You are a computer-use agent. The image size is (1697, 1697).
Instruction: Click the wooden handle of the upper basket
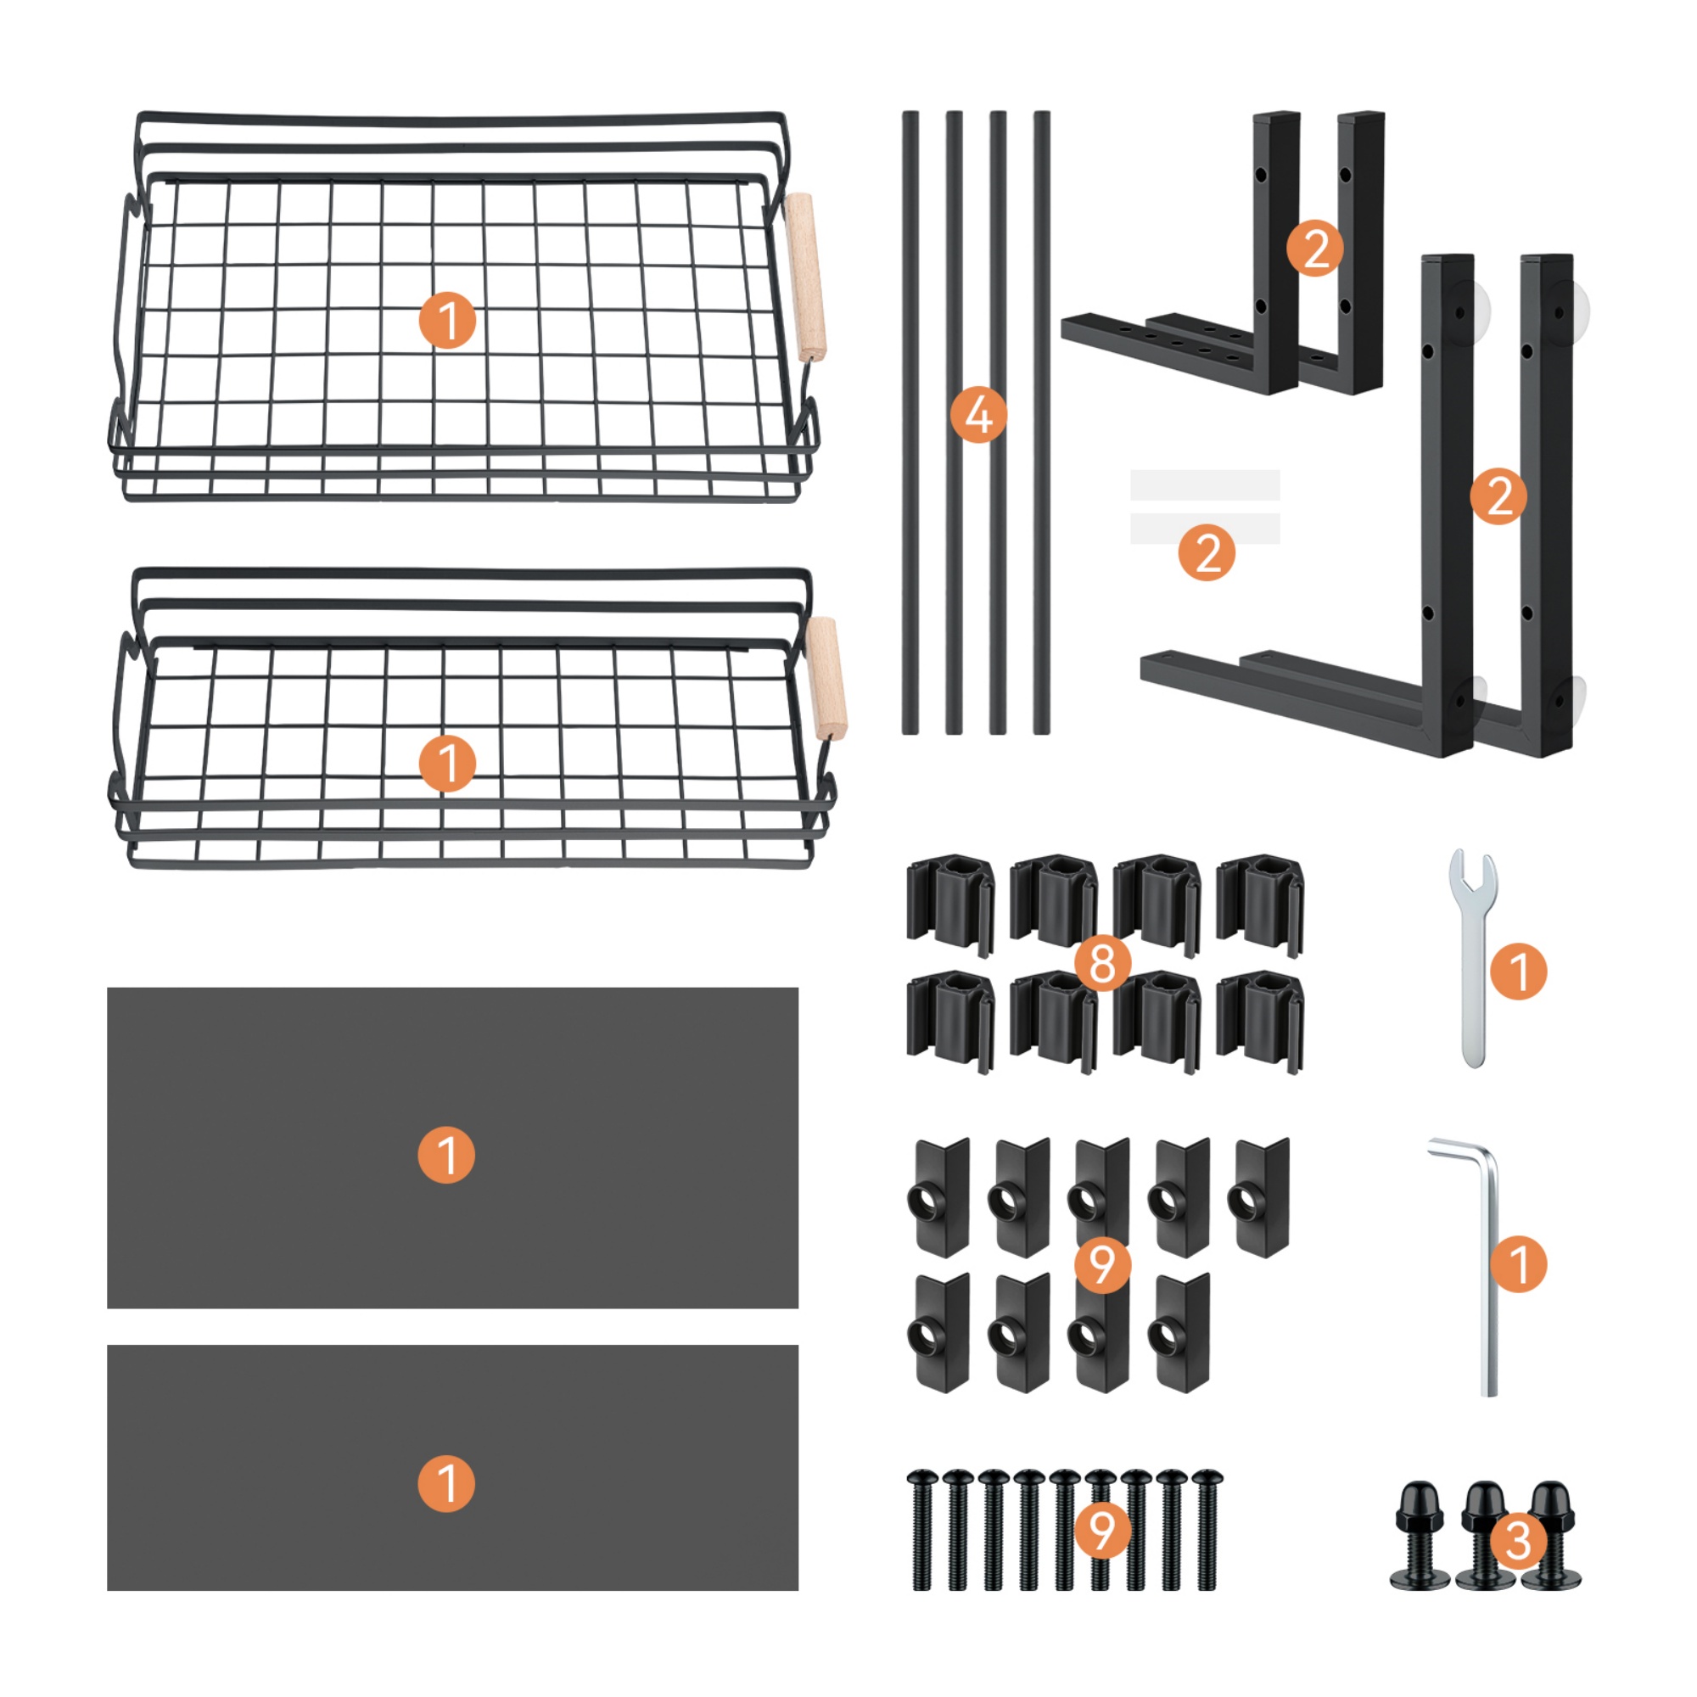[x=805, y=277]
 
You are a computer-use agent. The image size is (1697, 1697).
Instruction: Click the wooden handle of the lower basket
[x=826, y=678]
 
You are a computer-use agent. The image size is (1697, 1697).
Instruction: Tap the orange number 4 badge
[x=977, y=415]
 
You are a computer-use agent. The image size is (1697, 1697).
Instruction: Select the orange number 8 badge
[x=1102, y=963]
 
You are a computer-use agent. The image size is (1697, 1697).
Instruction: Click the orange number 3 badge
[x=1518, y=1541]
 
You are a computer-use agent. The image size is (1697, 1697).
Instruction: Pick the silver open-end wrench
[x=1473, y=956]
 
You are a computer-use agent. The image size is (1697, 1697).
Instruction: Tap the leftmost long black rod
[x=910, y=423]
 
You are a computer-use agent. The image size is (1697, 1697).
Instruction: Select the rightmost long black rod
[x=1042, y=423]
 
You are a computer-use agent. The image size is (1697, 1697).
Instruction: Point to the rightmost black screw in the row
[x=1207, y=1529]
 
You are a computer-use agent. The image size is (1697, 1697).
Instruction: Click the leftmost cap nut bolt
[x=1419, y=1537]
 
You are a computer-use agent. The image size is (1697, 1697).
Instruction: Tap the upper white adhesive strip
[x=1204, y=484]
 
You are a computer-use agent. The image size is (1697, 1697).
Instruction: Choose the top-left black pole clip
[x=950, y=905]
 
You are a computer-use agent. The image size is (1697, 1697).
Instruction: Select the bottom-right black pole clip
[x=1259, y=1022]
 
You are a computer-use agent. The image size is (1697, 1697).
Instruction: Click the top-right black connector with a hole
[x=1263, y=1196]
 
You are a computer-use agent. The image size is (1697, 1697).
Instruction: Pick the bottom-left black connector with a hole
[x=942, y=1331]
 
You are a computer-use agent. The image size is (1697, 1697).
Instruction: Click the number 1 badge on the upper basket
[x=447, y=321]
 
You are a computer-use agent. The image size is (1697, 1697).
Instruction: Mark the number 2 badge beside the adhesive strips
[x=1207, y=553]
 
